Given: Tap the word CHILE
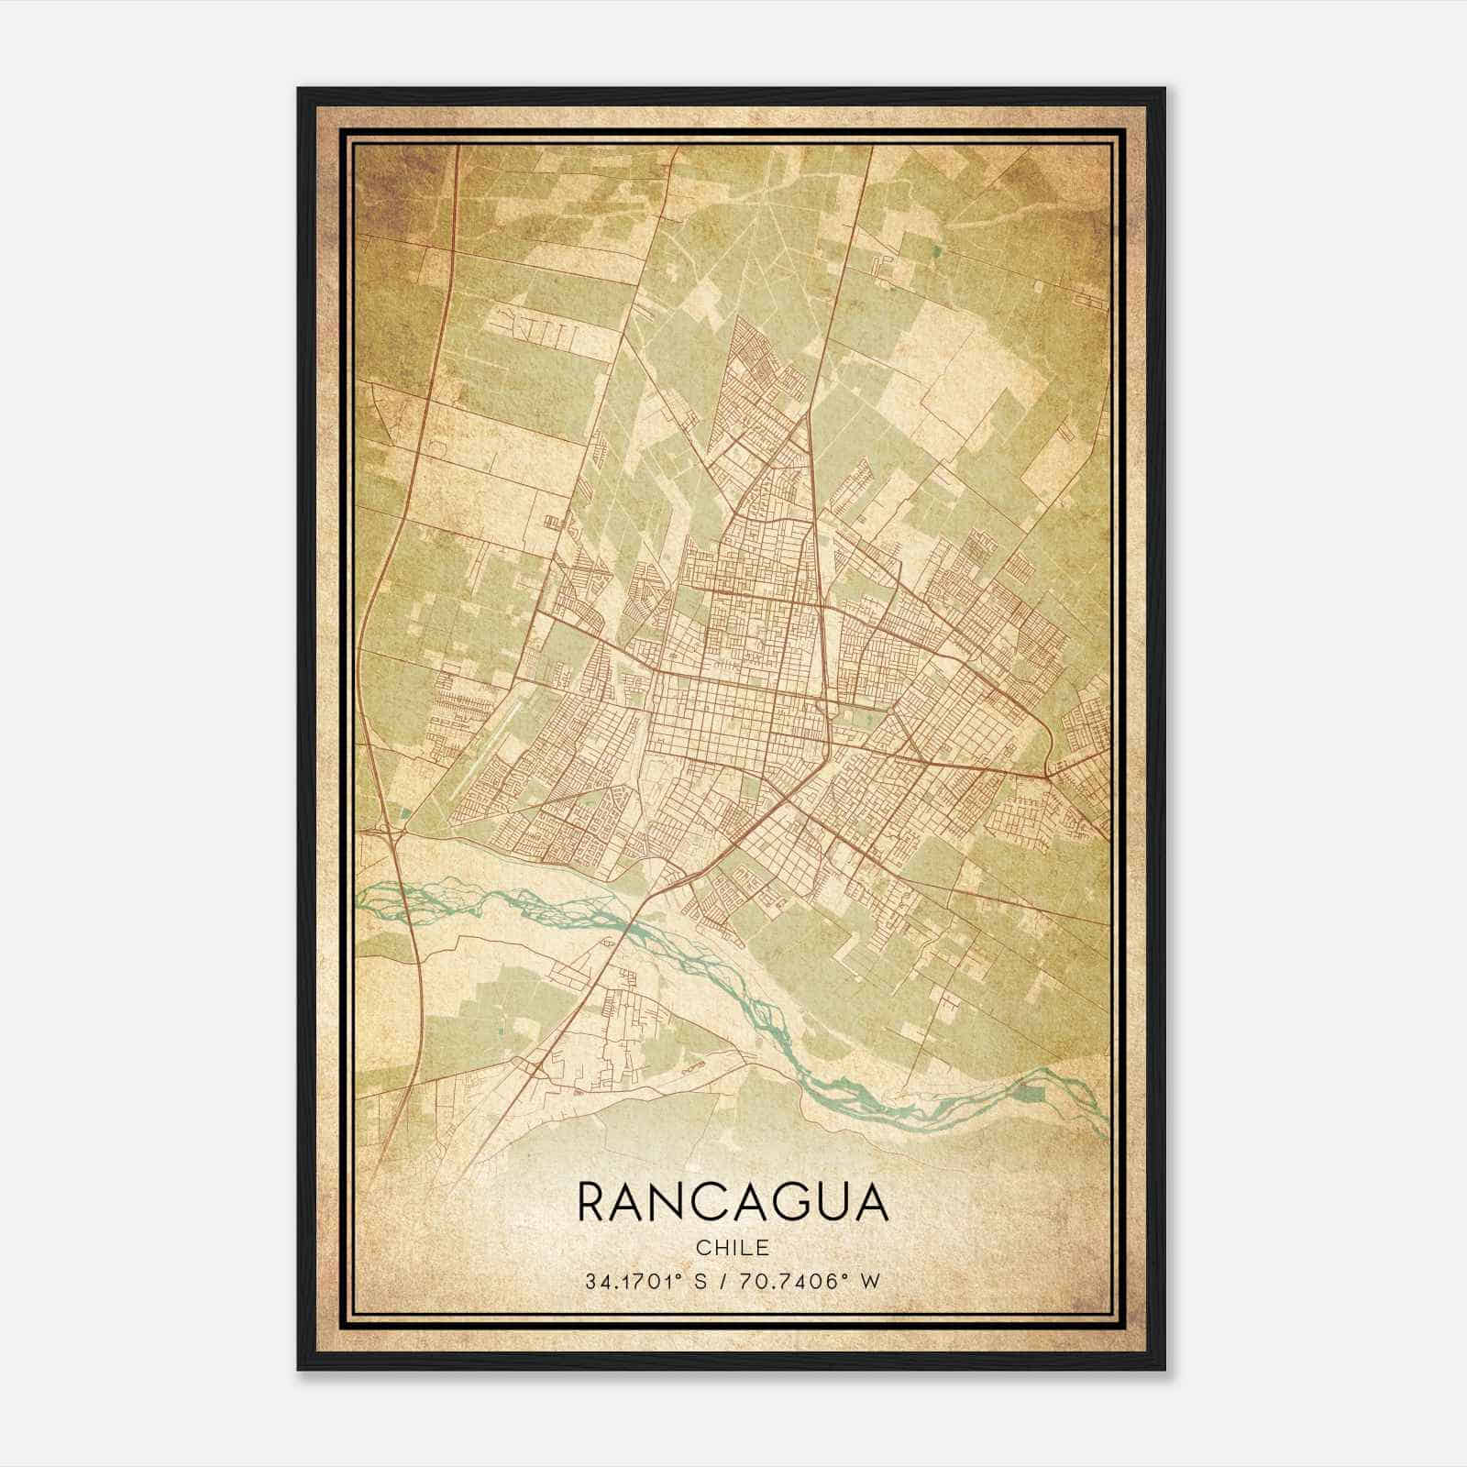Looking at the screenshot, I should [x=733, y=1247].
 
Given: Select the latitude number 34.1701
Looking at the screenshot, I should [x=630, y=1281].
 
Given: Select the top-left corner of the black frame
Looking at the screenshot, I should [x=299, y=89].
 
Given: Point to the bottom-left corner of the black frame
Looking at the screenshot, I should [x=299, y=1370].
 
